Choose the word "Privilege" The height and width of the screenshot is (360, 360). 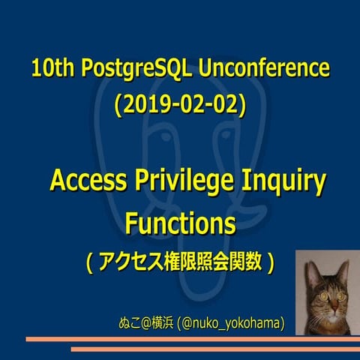point(188,182)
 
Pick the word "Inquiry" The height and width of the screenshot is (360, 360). point(286,182)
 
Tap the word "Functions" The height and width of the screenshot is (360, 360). point(180,223)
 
